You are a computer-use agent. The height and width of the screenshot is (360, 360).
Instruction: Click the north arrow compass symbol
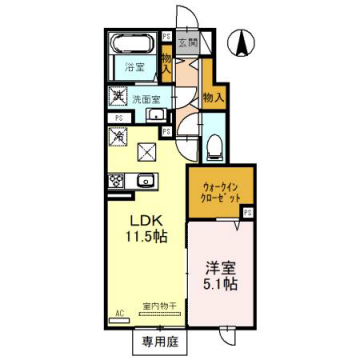242,42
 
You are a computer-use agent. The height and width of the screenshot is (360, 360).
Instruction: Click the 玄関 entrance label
188,44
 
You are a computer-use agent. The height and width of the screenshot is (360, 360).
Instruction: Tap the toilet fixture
212,145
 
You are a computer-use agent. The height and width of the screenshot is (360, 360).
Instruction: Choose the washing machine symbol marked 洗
117,97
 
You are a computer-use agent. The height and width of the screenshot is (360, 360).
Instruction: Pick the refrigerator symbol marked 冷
117,135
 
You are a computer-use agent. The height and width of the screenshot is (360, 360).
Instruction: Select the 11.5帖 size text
140,240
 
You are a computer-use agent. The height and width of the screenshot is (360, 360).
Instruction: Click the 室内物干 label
158,306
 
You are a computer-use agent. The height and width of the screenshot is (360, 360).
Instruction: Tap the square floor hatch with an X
146,152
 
